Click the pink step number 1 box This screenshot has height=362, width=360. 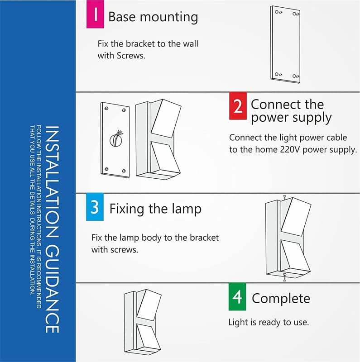click(x=95, y=17)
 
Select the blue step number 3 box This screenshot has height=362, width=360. click(x=95, y=207)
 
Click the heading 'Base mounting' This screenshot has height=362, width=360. click(x=153, y=17)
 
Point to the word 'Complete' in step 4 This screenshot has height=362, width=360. click(x=281, y=299)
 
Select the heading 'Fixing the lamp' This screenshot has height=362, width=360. click(x=155, y=209)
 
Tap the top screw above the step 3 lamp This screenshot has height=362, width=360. click(x=283, y=197)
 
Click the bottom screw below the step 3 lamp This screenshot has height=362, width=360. click(x=283, y=277)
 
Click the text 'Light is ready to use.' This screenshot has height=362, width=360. click(x=268, y=323)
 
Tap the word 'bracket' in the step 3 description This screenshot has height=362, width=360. click(x=204, y=238)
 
